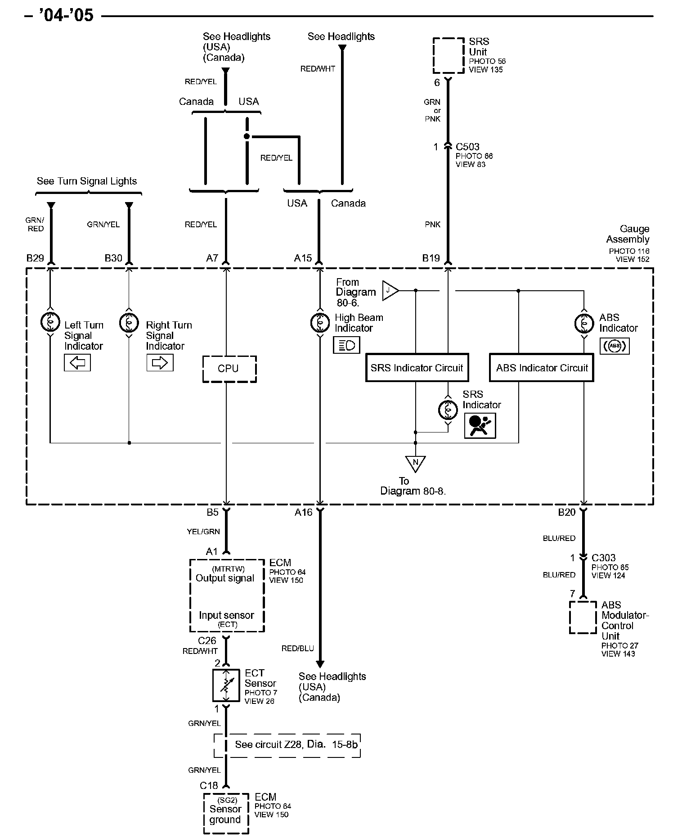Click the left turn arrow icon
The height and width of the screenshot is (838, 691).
coord(77,363)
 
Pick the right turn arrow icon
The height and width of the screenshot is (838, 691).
coord(160,363)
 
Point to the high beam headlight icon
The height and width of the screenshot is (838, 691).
coord(347,345)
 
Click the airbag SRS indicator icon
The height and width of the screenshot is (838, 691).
coord(480,425)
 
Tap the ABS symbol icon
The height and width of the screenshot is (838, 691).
coord(615,346)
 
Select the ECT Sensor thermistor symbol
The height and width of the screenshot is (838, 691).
coord(226,685)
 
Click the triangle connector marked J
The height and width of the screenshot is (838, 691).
coord(390,290)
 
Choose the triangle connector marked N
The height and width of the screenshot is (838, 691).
coord(415,464)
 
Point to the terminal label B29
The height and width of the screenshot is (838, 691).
coord(35,258)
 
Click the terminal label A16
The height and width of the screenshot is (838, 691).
coord(303,512)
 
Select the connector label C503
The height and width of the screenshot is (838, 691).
coord(467,147)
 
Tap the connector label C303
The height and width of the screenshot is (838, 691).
coord(603,558)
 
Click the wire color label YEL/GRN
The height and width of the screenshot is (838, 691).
coord(203,532)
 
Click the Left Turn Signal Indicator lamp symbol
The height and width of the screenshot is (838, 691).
coord(50,321)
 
